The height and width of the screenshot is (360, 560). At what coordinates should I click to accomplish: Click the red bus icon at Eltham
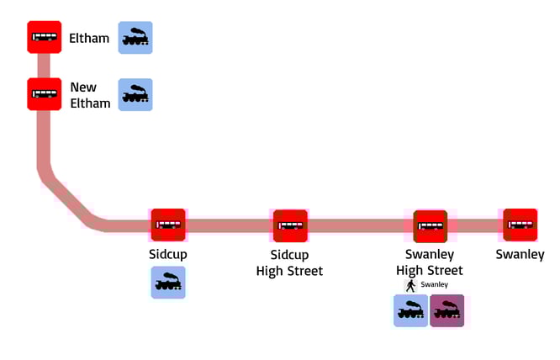pyautogui.click(x=44, y=38)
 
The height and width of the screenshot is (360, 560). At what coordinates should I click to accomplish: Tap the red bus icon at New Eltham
pyautogui.click(x=44, y=94)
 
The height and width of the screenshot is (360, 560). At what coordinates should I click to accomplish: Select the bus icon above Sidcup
pyautogui.click(x=168, y=225)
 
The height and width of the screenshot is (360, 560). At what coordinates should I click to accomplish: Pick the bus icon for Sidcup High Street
pyautogui.click(x=290, y=225)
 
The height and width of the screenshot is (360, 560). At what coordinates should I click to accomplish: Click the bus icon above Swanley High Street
pyautogui.click(x=430, y=225)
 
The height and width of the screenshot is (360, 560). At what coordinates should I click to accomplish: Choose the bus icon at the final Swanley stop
pyautogui.click(x=520, y=225)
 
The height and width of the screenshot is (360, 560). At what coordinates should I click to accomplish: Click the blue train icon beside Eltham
pyautogui.click(x=135, y=38)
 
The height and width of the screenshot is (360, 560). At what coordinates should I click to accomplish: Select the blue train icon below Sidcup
pyautogui.click(x=168, y=283)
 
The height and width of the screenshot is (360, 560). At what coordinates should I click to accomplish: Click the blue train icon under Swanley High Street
pyautogui.click(x=411, y=310)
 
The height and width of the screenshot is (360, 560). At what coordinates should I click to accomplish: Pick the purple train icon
pyautogui.click(x=446, y=310)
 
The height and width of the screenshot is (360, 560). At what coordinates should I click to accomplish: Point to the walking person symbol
pyautogui.click(x=411, y=285)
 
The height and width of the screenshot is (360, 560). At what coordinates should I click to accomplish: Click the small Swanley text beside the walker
pyautogui.click(x=434, y=285)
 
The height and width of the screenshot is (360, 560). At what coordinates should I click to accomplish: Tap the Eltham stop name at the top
pyautogui.click(x=89, y=38)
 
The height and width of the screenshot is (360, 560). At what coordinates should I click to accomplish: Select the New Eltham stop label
pyautogui.click(x=90, y=95)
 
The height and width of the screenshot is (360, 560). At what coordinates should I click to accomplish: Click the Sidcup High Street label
pyautogui.click(x=289, y=262)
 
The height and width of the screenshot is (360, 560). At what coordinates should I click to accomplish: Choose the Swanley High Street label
pyautogui.click(x=429, y=262)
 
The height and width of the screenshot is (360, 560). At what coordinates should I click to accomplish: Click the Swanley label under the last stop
pyautogui.click(x=520, y=255)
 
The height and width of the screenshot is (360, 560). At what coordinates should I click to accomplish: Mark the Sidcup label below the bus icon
pyautogui.click(x=167, y=255)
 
